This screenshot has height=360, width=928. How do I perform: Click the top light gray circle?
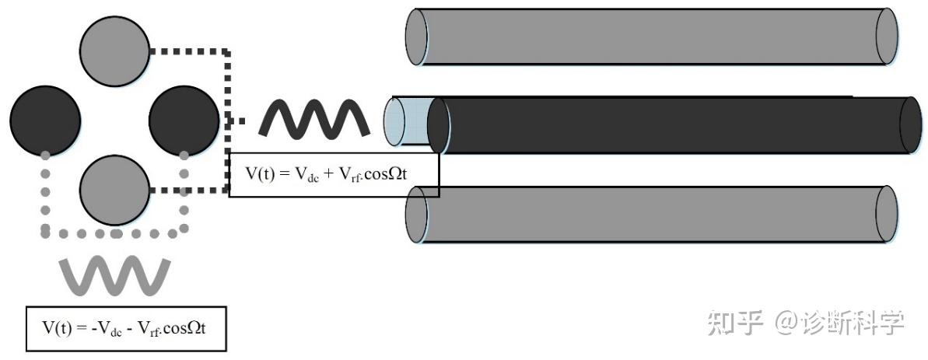(115, 51)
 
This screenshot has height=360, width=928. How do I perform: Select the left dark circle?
(46, 121)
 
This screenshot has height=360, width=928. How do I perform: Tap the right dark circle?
(184, 121)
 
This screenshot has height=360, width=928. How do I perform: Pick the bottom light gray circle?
(115, 190)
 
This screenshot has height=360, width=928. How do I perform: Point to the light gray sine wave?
(115, 275)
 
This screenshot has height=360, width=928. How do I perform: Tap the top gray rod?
(652, 37)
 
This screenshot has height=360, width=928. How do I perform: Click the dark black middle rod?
(674, 125)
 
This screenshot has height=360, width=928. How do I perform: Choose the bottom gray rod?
(652, 214)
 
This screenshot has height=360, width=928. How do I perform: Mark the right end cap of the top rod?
(888, 37)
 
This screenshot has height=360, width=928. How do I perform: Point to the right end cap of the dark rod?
(911, 125)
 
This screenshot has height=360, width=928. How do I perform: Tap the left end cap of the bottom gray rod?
(417, 214)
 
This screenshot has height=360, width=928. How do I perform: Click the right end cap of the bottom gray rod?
(888, 214)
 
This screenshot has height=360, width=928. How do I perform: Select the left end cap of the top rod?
(417, 37)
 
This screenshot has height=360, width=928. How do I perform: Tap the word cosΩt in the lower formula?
(184, 328)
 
